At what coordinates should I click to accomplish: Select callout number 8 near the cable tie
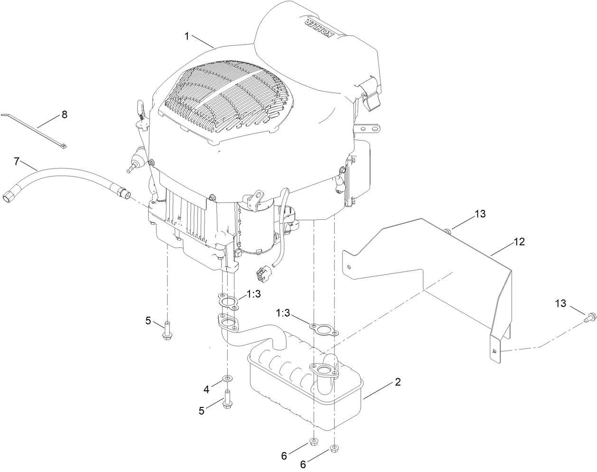pyautogui.click(x=64, y=114)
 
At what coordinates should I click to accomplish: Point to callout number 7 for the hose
pyautogui.click(x=17, y=161)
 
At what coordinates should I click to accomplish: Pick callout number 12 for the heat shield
pyautogui.click(x=519, y=242)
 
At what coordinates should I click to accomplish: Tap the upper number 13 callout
pyautogui.click(x=480, y=214)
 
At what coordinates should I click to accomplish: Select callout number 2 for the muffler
pyautogui.click(x=398, y=381)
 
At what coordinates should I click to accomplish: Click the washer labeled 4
pyautogui.click(x=228, y=378)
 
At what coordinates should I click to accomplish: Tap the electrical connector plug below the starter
pyautogui.click(x=261, y=274)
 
